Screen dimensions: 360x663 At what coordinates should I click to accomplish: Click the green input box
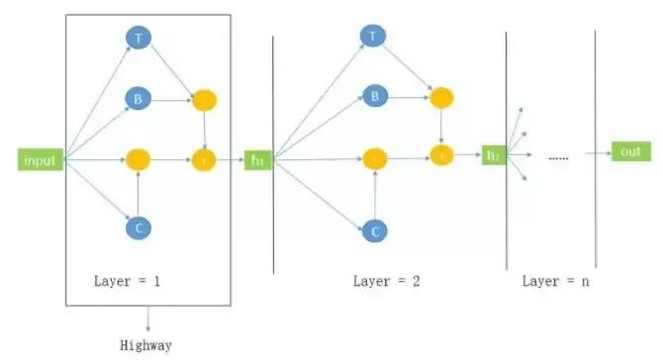click(39, 159)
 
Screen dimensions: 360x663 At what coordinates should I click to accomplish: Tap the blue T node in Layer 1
click(138, 38)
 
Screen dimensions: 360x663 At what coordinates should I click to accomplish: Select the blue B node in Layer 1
click(138, 99)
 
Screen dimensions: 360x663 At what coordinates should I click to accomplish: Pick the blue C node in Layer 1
click(138, 227)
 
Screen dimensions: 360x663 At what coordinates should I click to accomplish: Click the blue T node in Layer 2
click(372, 37)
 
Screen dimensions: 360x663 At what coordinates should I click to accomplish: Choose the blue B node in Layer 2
click(373, 96)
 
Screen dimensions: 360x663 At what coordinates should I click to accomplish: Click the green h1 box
click(258, 159)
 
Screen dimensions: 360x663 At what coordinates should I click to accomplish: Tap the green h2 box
click(493, 154)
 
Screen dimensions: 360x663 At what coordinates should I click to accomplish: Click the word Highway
click(146, 345)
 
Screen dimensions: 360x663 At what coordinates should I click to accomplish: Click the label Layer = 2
click(386, 281)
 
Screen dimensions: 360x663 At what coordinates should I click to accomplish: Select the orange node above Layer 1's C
click(138, 159)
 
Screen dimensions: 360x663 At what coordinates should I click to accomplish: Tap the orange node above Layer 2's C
click(374, 158)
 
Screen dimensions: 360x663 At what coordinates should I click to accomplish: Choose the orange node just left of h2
click(440, 154)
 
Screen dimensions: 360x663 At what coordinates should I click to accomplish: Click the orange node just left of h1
click(204, 159)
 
